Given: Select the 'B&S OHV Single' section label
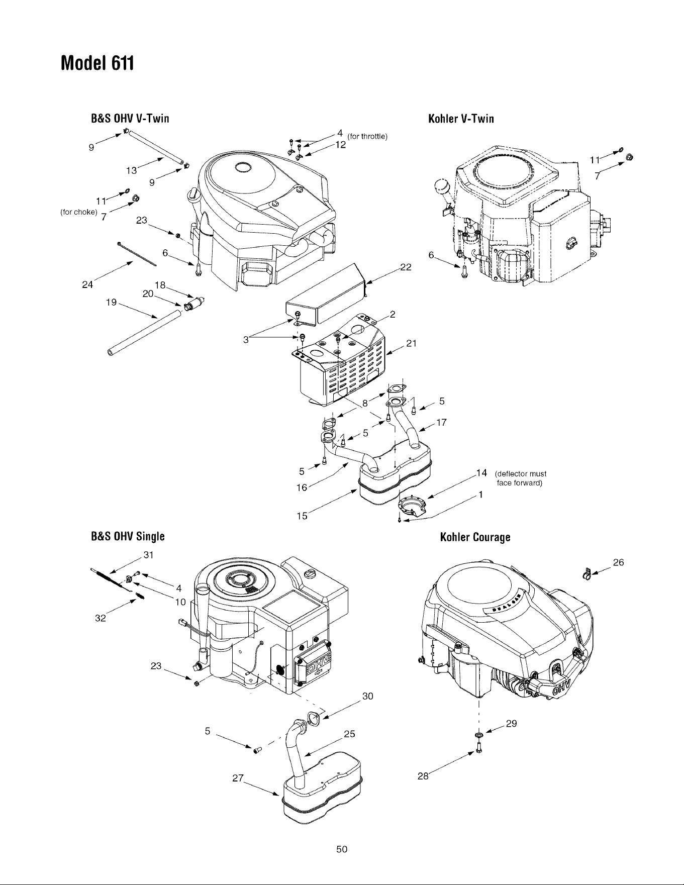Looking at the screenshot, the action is pyautogui.click(x=127, y=536).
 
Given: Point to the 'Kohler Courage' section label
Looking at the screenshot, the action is pyautogui.click(x=475, y=537).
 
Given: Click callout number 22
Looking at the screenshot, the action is pyautogui.click(x=406, y=267).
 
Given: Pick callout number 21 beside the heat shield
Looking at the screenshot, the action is pyautogui.click(x=412, y=343).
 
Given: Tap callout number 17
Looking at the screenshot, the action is pyautogui.click(x=441, y=423).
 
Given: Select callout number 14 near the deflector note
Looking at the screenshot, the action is pyautogui.click(x=481, y=472).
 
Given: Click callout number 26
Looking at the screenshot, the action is pyautogui.click(x=618, y=562).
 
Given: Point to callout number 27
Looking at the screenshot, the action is pyautogui.click(x=238, y=778).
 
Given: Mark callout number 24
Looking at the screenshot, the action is pyautogui.click(x=87, y=285).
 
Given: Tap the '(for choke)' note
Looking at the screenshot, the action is pyautogui.click(x=78, y=212).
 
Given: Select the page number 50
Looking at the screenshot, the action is pyautogui.click(x=342, y=849).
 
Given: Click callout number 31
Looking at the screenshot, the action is pyautogui.click(x=148, y=555).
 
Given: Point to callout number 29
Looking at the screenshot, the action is pyautogui.click(x=511, y=724).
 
